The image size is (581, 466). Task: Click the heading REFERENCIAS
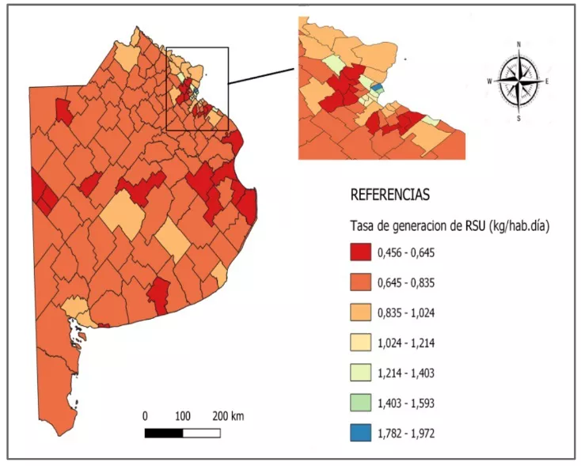coord(389,194)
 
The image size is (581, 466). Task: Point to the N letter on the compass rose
coord(518,44)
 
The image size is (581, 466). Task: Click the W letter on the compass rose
coord(490,81)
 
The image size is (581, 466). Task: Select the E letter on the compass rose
coord(548,81)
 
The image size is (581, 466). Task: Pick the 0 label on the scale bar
coord(145,416)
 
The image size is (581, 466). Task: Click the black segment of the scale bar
coord(164,433)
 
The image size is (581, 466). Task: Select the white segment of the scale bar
coord(201,433)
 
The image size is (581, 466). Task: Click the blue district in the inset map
coord(377,86)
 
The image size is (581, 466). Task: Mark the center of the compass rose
coord(518,81)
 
